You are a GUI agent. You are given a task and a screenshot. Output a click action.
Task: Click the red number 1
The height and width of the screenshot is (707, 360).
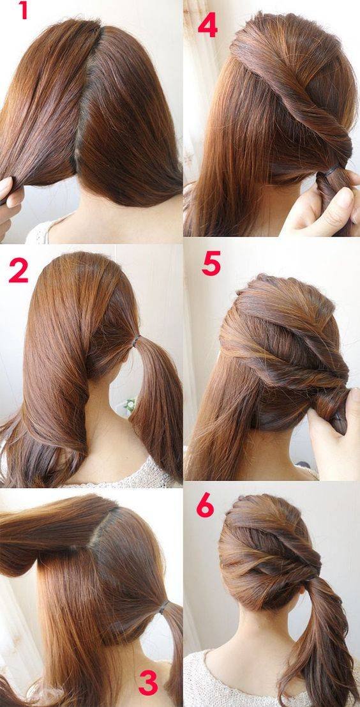pyautogui.click(x=24, y=11)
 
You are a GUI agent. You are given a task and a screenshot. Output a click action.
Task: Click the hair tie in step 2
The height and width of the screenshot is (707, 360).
pyautogui.click(x=135, y=343)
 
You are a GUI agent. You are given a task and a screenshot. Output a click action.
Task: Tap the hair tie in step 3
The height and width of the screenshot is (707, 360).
pyautogui.click(x=165, y=605)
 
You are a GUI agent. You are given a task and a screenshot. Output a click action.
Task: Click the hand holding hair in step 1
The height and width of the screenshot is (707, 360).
pyautogui.click(x=9, y=198)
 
